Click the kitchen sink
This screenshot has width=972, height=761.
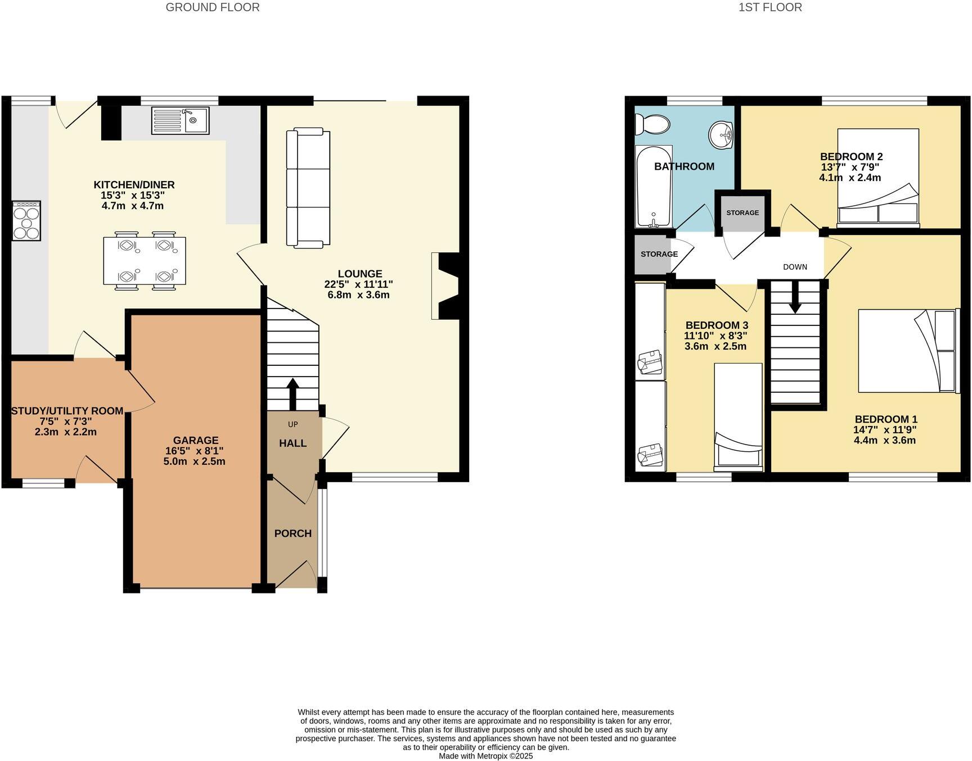point(180,120)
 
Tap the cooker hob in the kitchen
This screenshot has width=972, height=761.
point(26,221)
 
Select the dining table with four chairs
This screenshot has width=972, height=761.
point(145,261)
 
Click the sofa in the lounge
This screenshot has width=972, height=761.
point(308,188)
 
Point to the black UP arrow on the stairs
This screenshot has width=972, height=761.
point(292,393)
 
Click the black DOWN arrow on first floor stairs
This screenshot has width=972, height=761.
point(795,297)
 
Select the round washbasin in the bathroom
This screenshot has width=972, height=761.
point(721,135)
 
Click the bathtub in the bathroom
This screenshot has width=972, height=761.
point(654,185)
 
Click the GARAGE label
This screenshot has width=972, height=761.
point(196,441)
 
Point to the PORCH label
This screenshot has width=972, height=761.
point(292,533)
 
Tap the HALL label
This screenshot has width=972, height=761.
point(292,443)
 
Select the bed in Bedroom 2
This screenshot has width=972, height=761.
point(877,177)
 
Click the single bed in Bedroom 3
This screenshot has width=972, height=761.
point(738,416)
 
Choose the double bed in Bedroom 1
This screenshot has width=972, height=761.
point(907,350)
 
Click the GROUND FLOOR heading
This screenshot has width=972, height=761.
point(213,7)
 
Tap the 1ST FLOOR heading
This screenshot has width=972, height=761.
point(770,7)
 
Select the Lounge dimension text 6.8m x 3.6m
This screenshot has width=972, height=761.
point(359,295)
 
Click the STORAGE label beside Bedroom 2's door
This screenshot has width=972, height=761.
point(742,213)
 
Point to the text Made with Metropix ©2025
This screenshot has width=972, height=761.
point(485,756)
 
